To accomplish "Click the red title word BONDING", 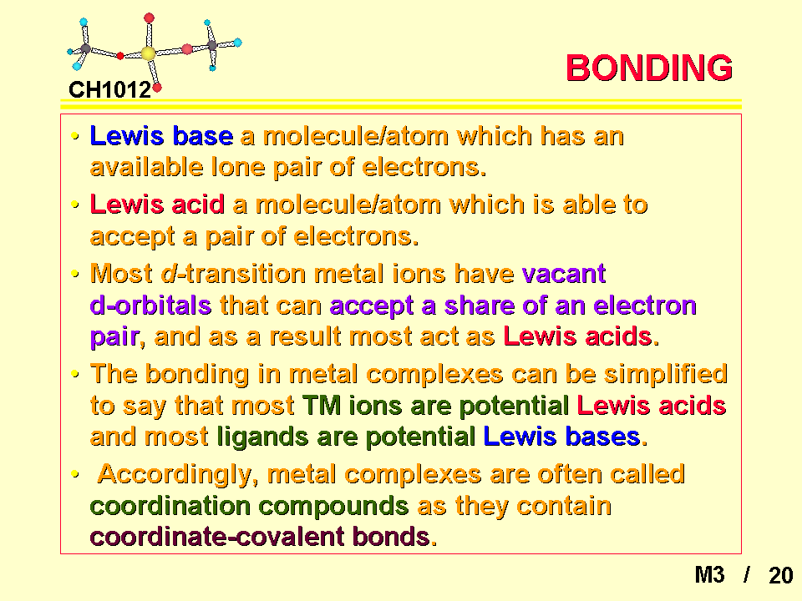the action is pyautogui.click(x=649, y=68).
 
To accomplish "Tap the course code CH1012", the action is pyautogui.click(x=109, y=90).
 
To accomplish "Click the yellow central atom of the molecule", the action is pyautogui.click(x=148, y=53).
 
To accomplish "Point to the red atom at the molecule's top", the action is pyautogui.click(x=149, y=18).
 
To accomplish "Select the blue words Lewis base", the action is pyautogui.click(x=161, y=136).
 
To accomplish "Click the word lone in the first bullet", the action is pyautogui.click(x=237, y=167).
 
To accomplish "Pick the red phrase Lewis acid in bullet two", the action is pyautogui.click(x=157, y=205).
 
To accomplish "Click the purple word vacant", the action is pyautogui.click(x=564, y=274).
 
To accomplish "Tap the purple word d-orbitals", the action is pyautogui.click(x=150, y=306).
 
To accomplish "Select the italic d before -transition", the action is pyautogui.click(x=169, y=274).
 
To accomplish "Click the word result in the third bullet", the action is pyautogui.click(x=305, y=336).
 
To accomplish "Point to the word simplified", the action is pyautogui.click(x=666, y=375).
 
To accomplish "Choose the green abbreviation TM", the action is pyautogui.click(x=322, y=406).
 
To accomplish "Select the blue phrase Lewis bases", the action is pyautogui.click(x=561, y=437).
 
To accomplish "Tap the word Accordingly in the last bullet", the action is pyautogui.click(x=175, y=475).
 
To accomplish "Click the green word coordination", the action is pyautogui.click(x=170, y=506).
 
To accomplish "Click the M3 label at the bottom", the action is pyautogui.click(x=709, y=575).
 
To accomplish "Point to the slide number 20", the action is pyautogui.click(x=780, y=575).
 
